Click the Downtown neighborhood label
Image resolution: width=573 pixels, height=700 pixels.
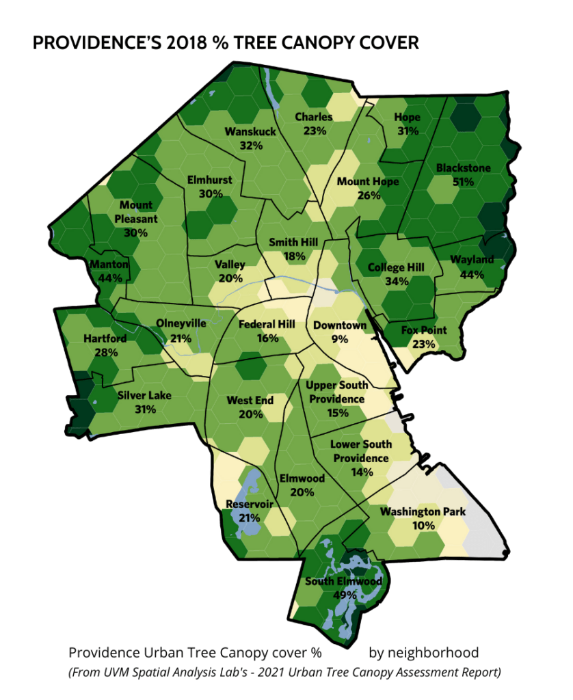click(x=340, y=325)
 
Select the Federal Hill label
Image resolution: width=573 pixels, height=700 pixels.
click(x=267, y=324)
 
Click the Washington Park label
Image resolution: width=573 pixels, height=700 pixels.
click(x=423, y=511)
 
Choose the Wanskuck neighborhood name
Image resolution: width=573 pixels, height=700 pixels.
click(x=250, y=131)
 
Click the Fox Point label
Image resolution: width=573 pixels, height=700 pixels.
click(x=424, y=331)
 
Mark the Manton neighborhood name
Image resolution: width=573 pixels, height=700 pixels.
click(x=109, y=265)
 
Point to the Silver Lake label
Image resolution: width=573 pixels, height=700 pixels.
click(x=144, y=396)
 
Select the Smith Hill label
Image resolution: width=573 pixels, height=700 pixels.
click(x=292, y=243)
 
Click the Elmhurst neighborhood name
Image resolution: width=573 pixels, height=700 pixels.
click(x=210, y=180)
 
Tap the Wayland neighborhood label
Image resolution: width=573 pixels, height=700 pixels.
click(x=472, y=260)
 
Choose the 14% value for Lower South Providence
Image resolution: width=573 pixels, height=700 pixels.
click(x=361, y=472)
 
